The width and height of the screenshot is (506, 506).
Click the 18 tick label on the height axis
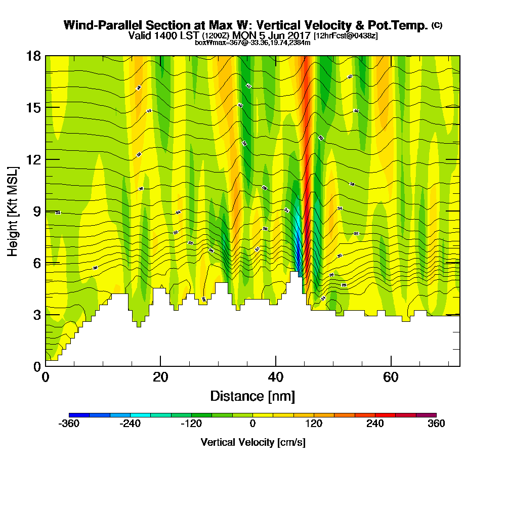pos(33,56)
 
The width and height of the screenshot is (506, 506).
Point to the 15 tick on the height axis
pos(33,108)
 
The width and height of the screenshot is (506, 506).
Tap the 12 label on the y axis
pos(33,159)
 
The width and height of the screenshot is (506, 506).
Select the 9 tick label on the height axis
pos(36,212)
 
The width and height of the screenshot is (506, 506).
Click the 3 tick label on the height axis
pos(36,315)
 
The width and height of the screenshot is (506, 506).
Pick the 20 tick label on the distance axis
pos(160,377)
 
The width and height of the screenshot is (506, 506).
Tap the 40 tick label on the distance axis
pos(276,377)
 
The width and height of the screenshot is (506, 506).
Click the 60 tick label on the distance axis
pos(391,377)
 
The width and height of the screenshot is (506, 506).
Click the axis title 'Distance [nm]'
pos(252,396)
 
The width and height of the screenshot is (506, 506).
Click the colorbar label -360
pos(69,424)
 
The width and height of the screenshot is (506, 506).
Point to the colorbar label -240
pos(130,424)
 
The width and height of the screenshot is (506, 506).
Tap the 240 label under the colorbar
pos(375,424)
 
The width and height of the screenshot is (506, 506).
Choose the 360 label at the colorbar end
pos(436,424)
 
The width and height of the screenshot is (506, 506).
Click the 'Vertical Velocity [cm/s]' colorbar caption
pos(252,442)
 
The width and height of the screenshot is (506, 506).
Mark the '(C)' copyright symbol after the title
pos(437,25)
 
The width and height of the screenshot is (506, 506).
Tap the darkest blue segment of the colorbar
pos(79,415)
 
